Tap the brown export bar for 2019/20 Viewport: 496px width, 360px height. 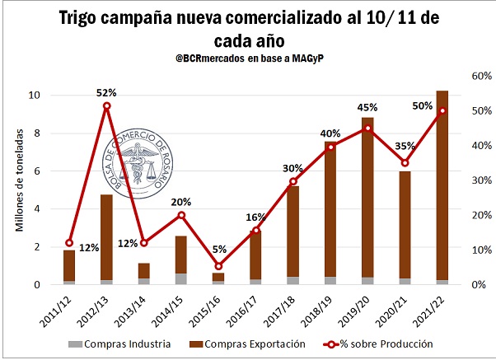click(x=367, y=198)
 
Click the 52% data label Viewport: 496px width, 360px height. click(x=106, y=93)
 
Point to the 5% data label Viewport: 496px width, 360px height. click(x=218, y=250)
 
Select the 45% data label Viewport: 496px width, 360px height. click(x=367, y=107)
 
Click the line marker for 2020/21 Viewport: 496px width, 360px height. click(x=405, y=162)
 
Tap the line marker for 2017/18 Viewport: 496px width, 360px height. click(x=293, y=181)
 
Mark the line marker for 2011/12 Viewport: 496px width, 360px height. click(x=69, y=243)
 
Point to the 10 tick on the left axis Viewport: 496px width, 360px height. click(x=35, y=95)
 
